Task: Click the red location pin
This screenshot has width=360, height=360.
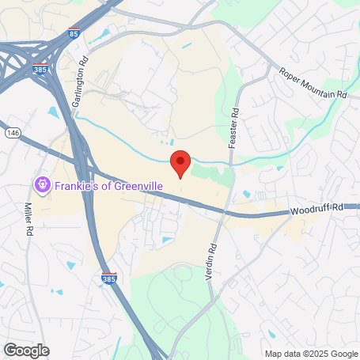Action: pos(181,162)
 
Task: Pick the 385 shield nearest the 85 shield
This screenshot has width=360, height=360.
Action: pos(40,70)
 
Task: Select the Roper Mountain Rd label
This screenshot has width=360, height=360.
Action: pos(313,82)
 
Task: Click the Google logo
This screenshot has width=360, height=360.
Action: pos(26,350)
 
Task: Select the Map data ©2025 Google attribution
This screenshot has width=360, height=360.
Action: pos(311,354)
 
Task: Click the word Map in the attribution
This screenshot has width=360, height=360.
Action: pos(273,354)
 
